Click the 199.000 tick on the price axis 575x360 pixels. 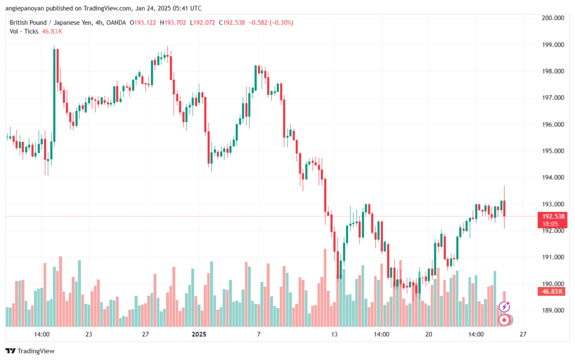tap(553, 45)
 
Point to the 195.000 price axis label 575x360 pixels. tap(553, 151)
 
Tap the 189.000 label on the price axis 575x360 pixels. tap(553, 311)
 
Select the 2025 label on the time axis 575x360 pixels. tap(199, 334)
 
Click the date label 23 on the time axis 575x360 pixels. tap(88, 334)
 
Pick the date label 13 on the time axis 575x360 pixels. tap(334, 334)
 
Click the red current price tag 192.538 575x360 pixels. tap(553, 216)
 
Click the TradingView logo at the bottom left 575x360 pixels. tap(30, 351)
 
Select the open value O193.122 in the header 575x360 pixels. tap(143, 22)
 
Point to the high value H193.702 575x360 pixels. tap(173, 22)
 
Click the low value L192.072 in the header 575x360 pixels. tap(202, 22)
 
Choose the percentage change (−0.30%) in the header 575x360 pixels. tap(281, 22)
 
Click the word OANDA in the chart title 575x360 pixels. tap(116, 22)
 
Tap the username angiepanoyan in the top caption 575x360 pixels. tap(25, 8)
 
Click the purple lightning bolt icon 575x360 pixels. tap(504, 307)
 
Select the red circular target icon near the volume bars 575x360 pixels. tap(505, 320)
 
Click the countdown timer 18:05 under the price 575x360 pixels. tap(550, 224)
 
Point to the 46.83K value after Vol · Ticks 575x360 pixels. tap(52, 31)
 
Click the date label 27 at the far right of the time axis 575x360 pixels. tap(523, 334)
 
